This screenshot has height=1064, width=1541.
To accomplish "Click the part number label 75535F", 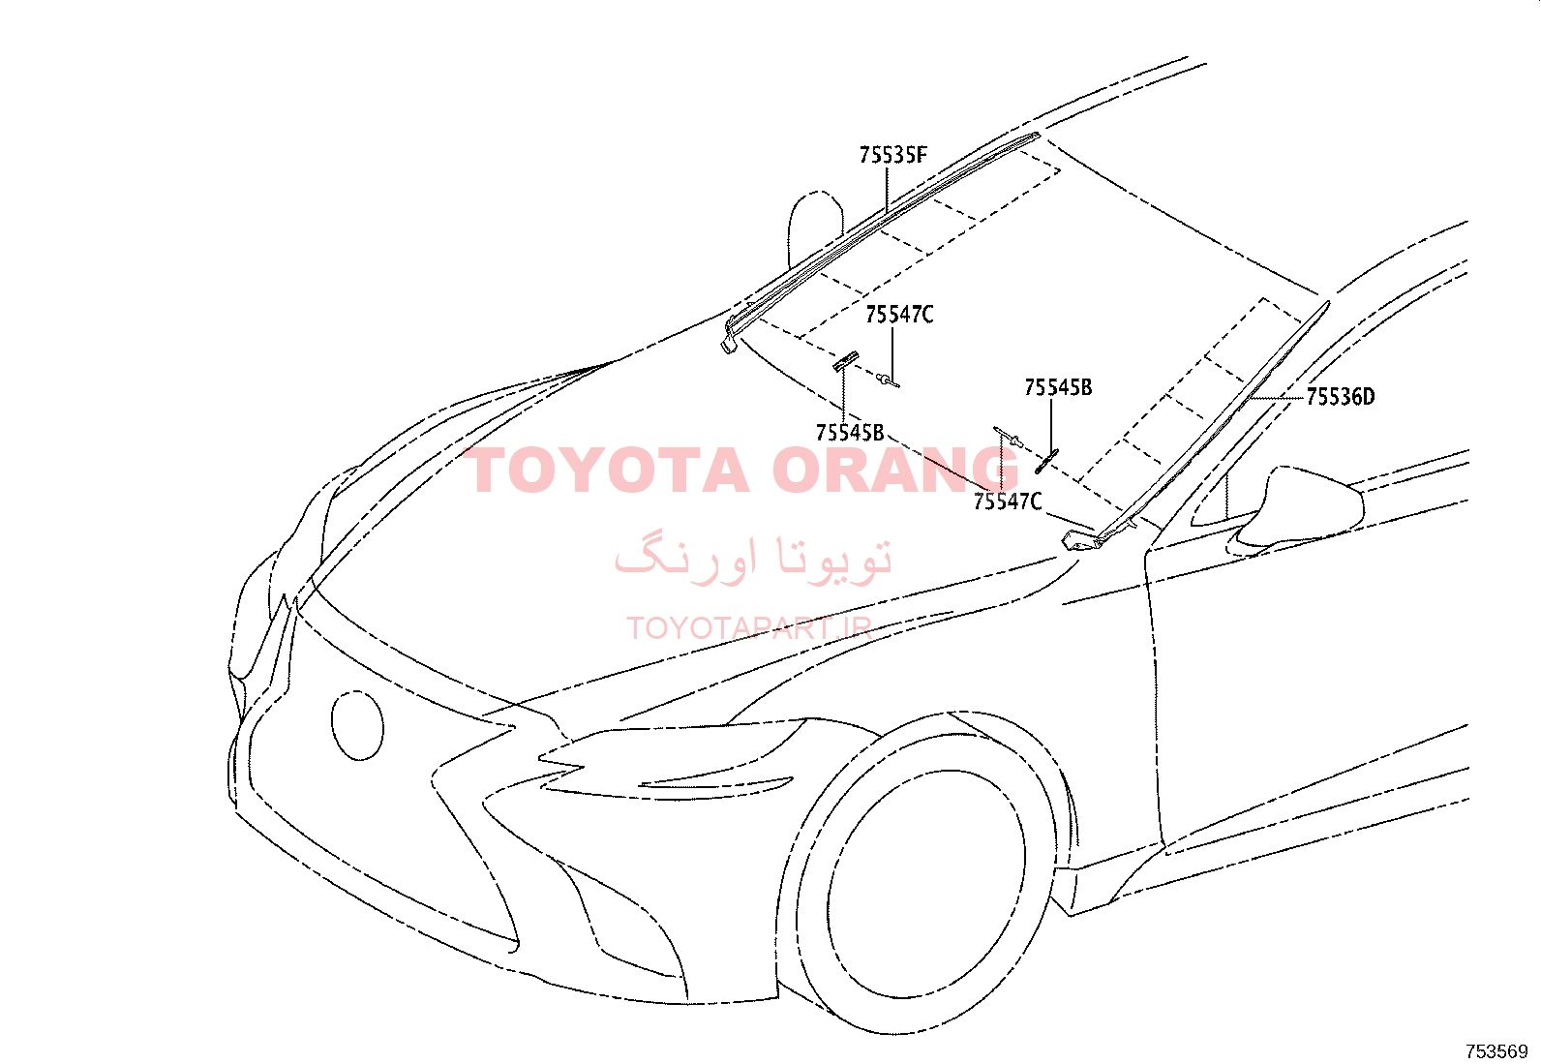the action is coord(893,155).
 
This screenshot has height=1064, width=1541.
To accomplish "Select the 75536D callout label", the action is coord(1340,396).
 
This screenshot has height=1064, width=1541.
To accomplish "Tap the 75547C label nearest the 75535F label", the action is coord(899,315).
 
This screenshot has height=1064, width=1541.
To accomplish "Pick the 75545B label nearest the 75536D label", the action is coord(1058,387).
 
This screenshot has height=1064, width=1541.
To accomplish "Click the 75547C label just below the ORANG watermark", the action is coord(1007,502).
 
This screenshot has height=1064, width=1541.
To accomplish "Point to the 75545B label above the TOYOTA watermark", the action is coord(850,432).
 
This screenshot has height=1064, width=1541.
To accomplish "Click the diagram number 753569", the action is coord(1496,1051).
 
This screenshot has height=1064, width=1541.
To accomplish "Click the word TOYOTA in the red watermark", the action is coord(606,471).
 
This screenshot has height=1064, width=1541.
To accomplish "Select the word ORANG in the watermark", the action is coord(895,471).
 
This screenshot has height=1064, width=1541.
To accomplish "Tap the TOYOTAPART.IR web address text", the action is coord(748,628).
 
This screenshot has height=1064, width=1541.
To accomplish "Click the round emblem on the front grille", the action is coord(358,725).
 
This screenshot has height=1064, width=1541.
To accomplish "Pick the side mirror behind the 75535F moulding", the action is coord(815,228).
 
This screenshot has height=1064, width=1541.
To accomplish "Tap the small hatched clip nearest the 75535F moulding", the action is coord(846,360).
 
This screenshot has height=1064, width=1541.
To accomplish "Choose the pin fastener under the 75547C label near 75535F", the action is coord(888,380).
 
